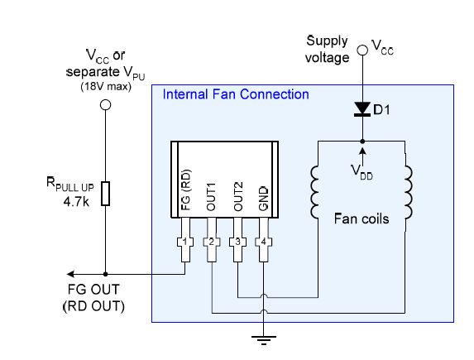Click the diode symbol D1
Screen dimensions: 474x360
pyautogui.click(x=362, y=109)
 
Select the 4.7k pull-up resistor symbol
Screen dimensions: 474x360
pyautogui.click(x=105, y=194)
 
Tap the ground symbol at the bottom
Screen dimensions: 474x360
pyautogui.click(x=264, y=340)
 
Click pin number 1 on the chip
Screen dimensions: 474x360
pyautogui.click(x=185, y=242)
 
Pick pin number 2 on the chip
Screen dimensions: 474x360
pyautogui.click(x=211, y=242)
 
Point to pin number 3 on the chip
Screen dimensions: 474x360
pyautogui.click(x=237, y=242)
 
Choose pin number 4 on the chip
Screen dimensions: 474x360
pyautogui.click(x=264, y=242)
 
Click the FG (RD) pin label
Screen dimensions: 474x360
pyautogui.click(x=186, y=190)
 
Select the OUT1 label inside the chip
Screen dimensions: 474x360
pyautogui.click(x=211, y=197)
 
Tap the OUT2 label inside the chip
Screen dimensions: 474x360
pyautogui.click(x=238, y=196)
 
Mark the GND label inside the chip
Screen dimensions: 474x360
pyautogui.click(x=264, y=199)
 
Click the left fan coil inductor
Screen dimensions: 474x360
pyautogui.click(x=314, y=192)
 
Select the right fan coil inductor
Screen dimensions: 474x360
pyautogui.click(x=408, y=192)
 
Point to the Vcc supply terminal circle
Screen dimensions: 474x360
pyautogui.click(x=362, y=50)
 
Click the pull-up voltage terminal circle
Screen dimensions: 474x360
pyautogui.click(x=105, y=105)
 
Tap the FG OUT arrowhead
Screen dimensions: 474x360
pyautogui.click(x=70, y=274)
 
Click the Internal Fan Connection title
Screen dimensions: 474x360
pyautogui.click(x=236, y=94)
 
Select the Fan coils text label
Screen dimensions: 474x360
pyautogui.click(x=361, y=218)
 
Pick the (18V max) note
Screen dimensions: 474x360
pyautogui.click(x=106, y=87)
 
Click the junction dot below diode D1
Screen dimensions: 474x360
pyautogui.click(x=362, y=142)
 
